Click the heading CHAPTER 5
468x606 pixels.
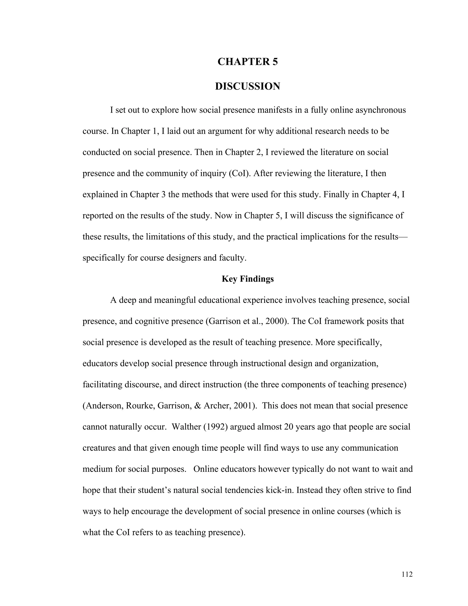pyautogui.click(x=247, y=62)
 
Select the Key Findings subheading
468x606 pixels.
pyautogui.click(x=247, y=279)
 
